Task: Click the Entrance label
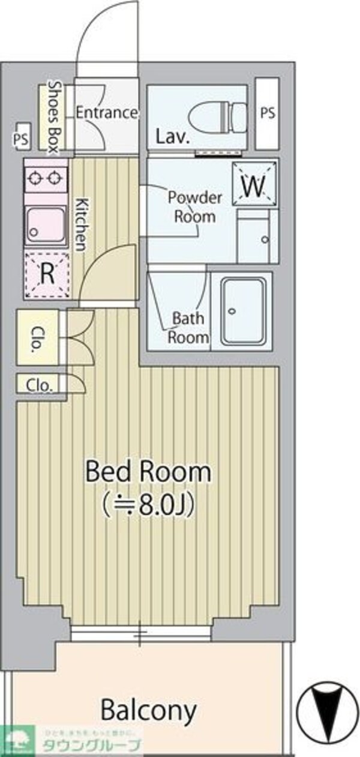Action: (107, 112)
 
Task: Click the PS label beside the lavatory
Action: (268, 113)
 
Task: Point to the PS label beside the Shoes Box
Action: (21, 138)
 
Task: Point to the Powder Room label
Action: (194, 207)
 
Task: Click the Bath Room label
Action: (188, 327)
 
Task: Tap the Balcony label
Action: (148, 710)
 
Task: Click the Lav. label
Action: (173, 136)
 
